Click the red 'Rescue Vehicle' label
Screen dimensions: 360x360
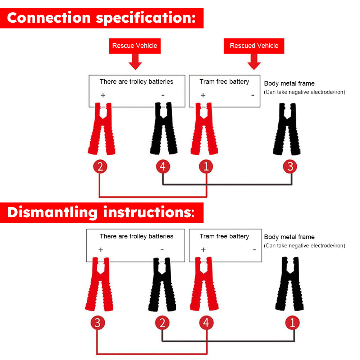[x=135, y=46]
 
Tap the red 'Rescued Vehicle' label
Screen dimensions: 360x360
[x=254, y=46]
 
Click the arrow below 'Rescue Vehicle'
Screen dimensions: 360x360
[x=135, y=62]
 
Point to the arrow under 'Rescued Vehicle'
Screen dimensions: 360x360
[x=254, y=62]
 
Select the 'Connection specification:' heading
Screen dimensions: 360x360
[x=101, y=18]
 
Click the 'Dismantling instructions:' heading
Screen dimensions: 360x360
[x=101, y=212]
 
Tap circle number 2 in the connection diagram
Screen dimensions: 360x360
[x=100, y=166]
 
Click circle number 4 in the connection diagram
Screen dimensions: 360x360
[x=163, y=166]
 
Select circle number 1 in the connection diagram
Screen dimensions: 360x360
[x=206, y=166]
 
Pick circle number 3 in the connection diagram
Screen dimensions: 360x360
[x=290, y=166]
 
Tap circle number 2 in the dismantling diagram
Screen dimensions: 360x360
[x=162, y=323]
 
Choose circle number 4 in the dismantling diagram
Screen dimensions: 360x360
[x=206, y=323]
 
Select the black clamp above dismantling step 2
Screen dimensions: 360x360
[x=162, y=284]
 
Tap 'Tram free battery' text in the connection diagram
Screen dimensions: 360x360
[x=224, y=82]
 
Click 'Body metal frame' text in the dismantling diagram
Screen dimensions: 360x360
[x=289, y=237]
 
